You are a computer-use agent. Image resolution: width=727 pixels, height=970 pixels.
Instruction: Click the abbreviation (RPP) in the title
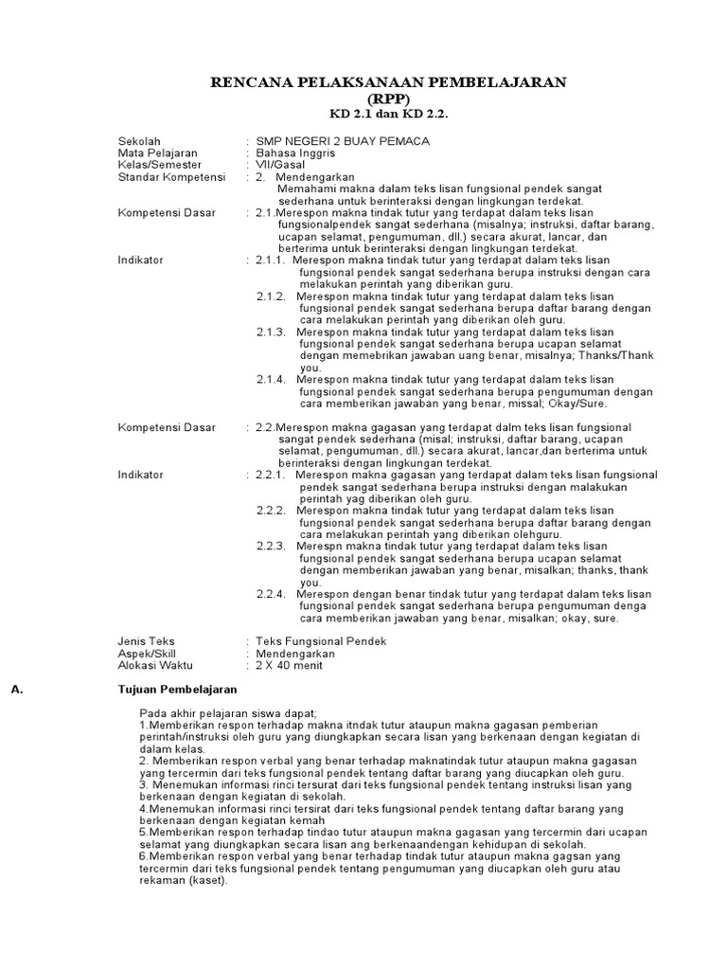(388, 99)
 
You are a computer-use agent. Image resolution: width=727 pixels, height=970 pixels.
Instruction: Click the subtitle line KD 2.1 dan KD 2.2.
(388, 114)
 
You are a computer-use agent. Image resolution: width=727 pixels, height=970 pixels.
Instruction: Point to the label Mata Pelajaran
(157, 153)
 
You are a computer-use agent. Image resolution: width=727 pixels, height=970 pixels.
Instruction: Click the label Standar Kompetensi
(171, 176)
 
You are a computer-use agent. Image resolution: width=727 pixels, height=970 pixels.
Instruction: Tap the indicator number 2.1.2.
(271, 296)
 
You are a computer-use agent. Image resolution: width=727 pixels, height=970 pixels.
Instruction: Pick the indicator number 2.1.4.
(271, 379)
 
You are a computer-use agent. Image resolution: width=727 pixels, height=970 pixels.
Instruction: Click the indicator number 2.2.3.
(271, 546)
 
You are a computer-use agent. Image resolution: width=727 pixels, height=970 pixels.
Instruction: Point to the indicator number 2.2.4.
(271, 594)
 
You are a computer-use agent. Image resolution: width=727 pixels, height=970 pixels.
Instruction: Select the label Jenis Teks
(146, 641)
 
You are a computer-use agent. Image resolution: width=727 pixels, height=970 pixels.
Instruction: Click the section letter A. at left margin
(16, 690)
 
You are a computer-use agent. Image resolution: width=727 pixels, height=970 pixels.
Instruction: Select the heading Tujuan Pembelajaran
(177, 690)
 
